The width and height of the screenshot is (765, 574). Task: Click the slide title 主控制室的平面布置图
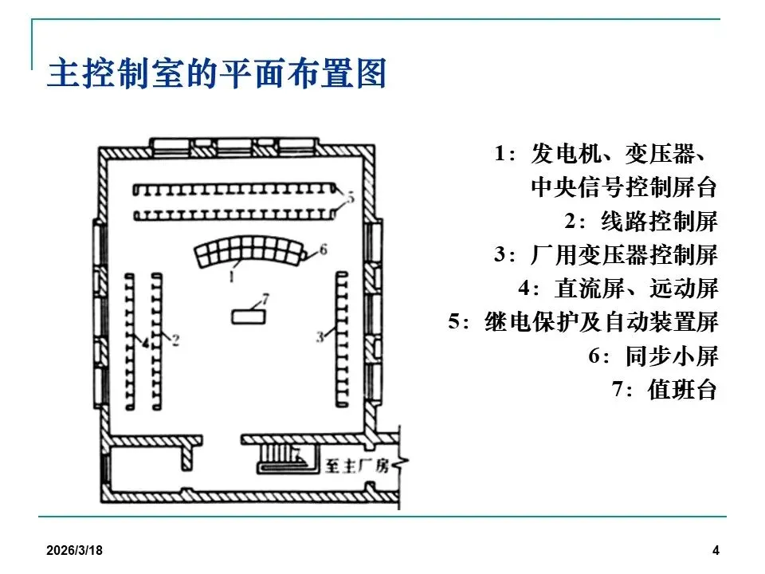tap(217, 74)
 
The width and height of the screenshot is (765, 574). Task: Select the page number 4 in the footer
tap(716, 551)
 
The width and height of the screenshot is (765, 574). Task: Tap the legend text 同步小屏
tap(671, 356)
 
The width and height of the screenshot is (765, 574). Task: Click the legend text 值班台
tap(683, 390)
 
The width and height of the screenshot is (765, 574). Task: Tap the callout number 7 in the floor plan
tap(265, 299)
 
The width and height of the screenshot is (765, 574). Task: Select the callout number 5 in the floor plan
tap(348, 195)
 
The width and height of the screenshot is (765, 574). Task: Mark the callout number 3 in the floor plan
tap(320, 337)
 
